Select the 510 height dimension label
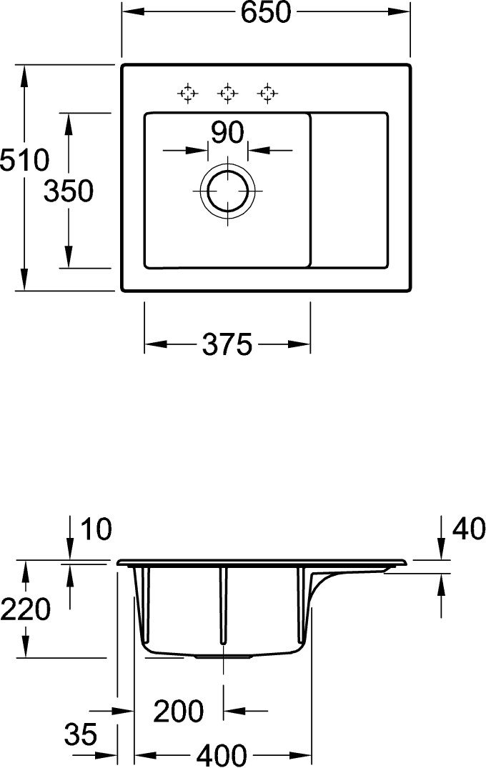click(24, 160)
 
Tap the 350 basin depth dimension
click(68, 191)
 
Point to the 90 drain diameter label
click(227, 132)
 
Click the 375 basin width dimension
click(227, 344)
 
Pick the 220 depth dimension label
click(26, 609)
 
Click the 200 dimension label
click(179, 711)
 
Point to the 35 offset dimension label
click(81, 734)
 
